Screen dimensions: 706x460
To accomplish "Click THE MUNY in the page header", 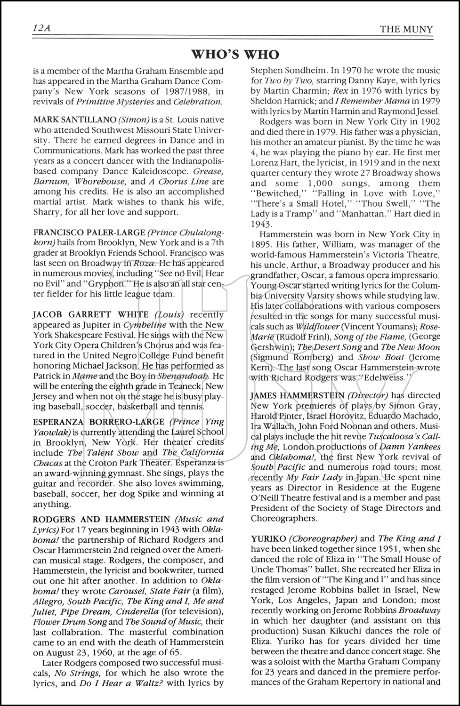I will point(406,29).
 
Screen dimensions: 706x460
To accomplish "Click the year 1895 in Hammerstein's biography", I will point(262,244).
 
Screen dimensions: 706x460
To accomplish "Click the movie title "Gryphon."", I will point(108,284).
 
